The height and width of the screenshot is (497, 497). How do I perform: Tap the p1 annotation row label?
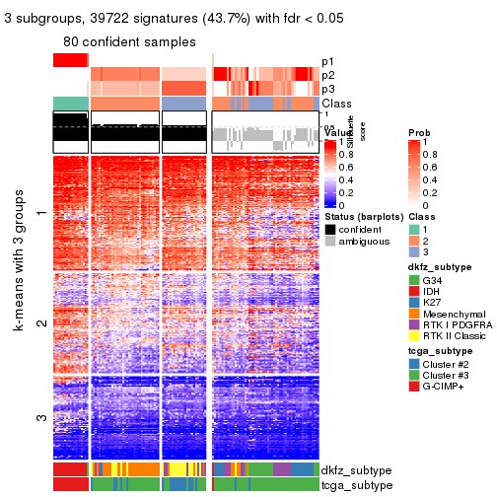pos(327,61)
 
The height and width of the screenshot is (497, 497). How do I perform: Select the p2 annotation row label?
pos(327,75)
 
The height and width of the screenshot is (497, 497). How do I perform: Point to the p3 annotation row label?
pos(327,89)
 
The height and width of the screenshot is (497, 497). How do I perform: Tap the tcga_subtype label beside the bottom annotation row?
pos(356,484)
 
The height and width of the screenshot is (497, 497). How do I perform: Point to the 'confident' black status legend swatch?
pos(330,229)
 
